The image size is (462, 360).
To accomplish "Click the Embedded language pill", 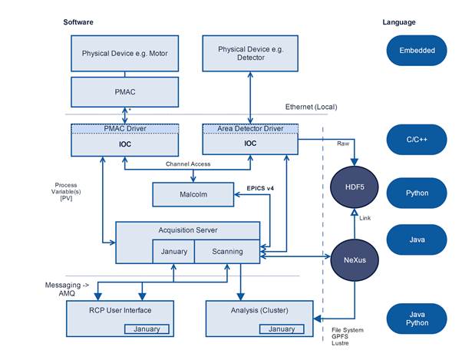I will [417, 51].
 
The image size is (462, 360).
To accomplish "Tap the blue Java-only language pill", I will [417, 239].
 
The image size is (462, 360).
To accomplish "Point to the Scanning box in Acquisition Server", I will [227, 251].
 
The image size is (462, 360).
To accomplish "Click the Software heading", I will [78, 22].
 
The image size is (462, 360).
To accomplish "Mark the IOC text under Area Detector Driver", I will [250, 142].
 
